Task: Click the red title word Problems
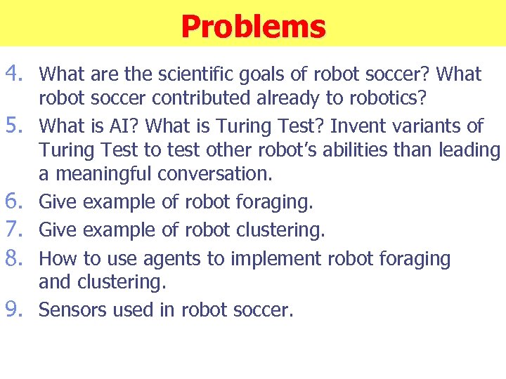253,27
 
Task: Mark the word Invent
363,126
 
